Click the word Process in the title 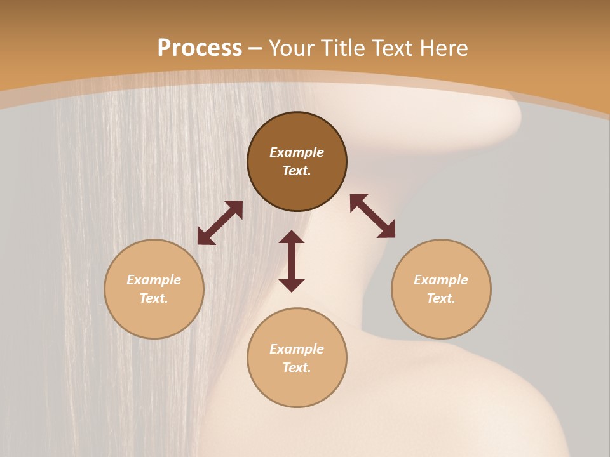click(200, 48)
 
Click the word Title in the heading click(343, 48)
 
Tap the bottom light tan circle click(297, 387)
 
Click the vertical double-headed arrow click(292, 261)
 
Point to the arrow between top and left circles click(220, 223)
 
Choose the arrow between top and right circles click(372, 216)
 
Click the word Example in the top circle click(297, 152)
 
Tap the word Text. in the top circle click(297, 171)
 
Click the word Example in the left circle click(154, 280)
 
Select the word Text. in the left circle click(154, 298)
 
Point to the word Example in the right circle click(441, 280)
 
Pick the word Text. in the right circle click(441, 298)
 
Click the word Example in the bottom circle click(297, 349)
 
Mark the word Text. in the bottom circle click(297, 368)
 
